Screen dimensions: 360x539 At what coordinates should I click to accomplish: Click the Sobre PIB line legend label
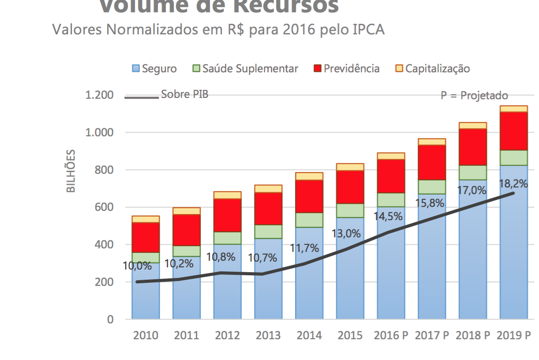[x=184, y=94]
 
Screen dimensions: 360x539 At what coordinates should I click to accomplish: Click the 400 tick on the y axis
[x=105, y=244]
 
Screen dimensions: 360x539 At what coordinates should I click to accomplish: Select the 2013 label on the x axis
[x=268, y=335]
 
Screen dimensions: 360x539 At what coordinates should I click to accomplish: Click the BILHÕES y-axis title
[x=71, y=171]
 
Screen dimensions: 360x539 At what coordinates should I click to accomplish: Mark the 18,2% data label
[x=513, y=184]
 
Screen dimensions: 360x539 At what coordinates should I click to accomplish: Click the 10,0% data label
[x=137, y=266]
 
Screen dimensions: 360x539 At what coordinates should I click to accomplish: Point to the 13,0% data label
[x=346, y=233]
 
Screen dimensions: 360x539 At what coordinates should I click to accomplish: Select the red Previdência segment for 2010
[x=146, y=237]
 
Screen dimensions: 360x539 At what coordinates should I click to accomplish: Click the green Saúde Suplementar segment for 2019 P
[x=514, y=158]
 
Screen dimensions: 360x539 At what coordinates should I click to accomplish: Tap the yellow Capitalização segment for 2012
[x=228, y=195]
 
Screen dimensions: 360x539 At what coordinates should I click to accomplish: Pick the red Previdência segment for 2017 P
[x=432, y=162]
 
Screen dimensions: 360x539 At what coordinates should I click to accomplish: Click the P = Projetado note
[x=474, y=96]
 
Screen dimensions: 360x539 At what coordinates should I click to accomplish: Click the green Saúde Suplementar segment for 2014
[x=309, y=220]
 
